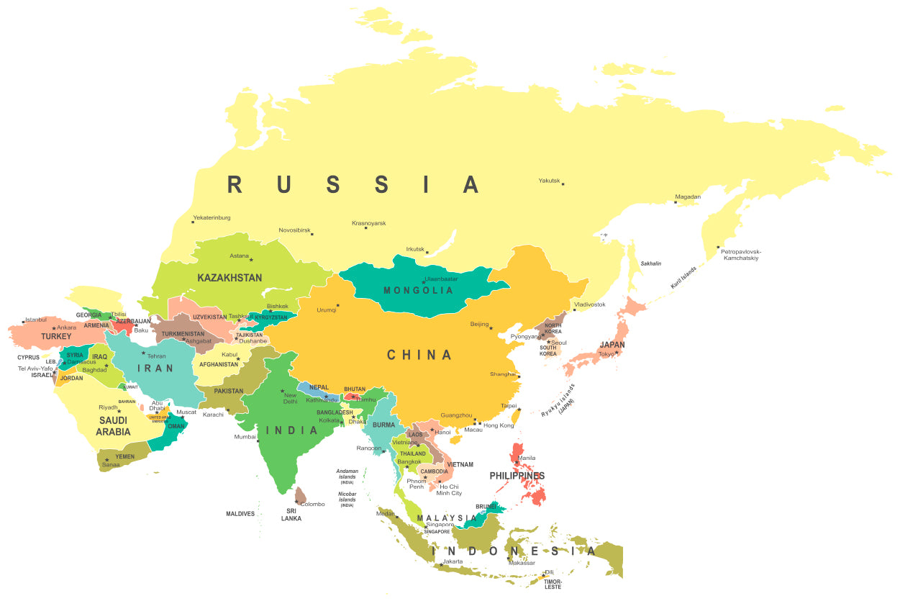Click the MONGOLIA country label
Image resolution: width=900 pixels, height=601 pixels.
pos(418,291)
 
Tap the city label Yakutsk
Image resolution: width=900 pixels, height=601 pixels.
pos(549,181)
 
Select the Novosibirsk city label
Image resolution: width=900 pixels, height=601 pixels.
pos(294,230)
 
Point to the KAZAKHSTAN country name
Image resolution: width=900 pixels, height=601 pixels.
pos(229,277)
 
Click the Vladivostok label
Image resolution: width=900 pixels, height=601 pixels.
pos(589,304)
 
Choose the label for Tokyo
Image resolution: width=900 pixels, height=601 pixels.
pos(606,353)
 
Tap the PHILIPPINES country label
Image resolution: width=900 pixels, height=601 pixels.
pos(517,476)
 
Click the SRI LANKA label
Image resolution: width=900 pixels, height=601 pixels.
pos(291,514)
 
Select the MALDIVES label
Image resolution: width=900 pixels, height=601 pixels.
pos(240,514)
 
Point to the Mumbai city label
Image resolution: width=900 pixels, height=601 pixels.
pos(245,437)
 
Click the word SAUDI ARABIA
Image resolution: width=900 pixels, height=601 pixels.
pos(113,426)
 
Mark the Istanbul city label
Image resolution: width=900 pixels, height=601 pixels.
pos(35,320)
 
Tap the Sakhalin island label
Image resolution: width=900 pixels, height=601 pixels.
pos(650,264)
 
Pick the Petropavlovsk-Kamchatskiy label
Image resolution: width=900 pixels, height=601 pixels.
pos(740,255)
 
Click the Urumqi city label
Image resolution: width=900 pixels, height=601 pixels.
pos(327,310)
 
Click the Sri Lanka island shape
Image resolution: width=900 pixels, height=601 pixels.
pos(301,495)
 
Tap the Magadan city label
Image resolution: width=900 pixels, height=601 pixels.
pos(687,196)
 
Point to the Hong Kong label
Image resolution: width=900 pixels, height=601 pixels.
pos(499,425)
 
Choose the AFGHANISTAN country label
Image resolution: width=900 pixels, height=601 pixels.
pos(219,364)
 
